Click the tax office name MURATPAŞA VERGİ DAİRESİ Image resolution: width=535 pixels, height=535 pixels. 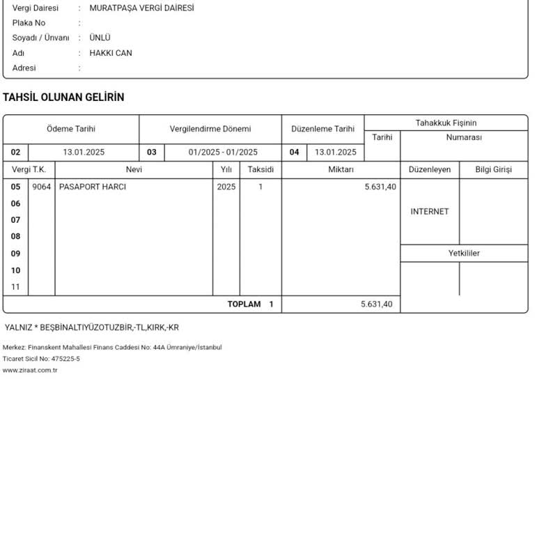pos(141,8)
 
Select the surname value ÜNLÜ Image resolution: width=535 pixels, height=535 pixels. pos(100,38)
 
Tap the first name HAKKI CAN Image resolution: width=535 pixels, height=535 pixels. pos(111,53)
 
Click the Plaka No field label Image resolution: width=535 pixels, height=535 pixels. pos(29,23)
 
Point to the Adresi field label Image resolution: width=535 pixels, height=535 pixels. pos(24,68)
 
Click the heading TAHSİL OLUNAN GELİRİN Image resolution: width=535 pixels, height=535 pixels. pos(63,98)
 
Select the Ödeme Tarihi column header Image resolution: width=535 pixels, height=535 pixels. pos(71,129)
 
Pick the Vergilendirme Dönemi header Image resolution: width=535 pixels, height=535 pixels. pos(210,129)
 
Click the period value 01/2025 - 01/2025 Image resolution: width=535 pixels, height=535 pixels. pos(223,152)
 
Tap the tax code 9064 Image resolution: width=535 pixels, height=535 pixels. pos(42,187)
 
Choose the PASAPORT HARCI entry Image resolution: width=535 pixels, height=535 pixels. pos(93,187)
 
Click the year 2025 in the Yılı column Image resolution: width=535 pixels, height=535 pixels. pos(226,187)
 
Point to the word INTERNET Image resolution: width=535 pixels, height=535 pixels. pos(430,212)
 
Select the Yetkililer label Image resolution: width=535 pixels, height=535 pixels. pos(464,254)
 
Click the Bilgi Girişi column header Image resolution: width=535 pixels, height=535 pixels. pos(493,169)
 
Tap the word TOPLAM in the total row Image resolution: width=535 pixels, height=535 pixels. pos(244,304)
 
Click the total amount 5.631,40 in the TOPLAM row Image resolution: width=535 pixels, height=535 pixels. pos(377,304)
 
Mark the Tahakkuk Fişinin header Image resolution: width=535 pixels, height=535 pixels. pos(446,123)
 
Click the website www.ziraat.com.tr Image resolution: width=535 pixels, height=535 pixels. pos(30,370)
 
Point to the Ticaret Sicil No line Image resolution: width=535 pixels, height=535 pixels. pos(41,359)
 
